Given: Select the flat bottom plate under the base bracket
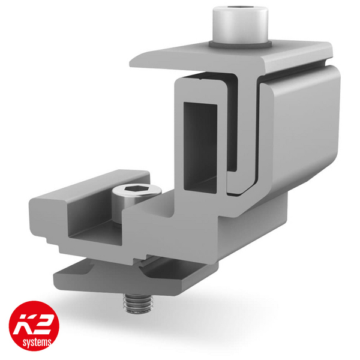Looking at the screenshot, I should (102, 276).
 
